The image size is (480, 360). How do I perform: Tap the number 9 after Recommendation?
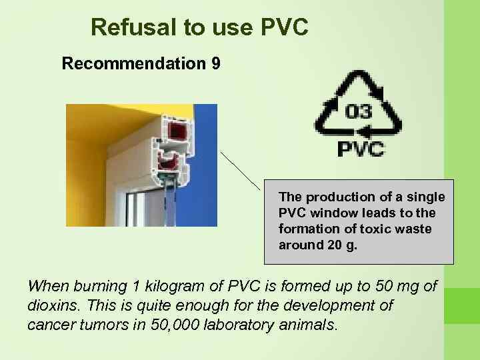(215, 64)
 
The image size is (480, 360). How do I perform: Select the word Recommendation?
(133, 64)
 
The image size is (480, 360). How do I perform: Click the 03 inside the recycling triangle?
(358, 111)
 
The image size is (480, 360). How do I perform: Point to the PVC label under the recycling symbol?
(361, 148)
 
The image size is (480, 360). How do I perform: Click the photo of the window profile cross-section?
(141, 165)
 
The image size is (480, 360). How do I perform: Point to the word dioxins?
(48, 306)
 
